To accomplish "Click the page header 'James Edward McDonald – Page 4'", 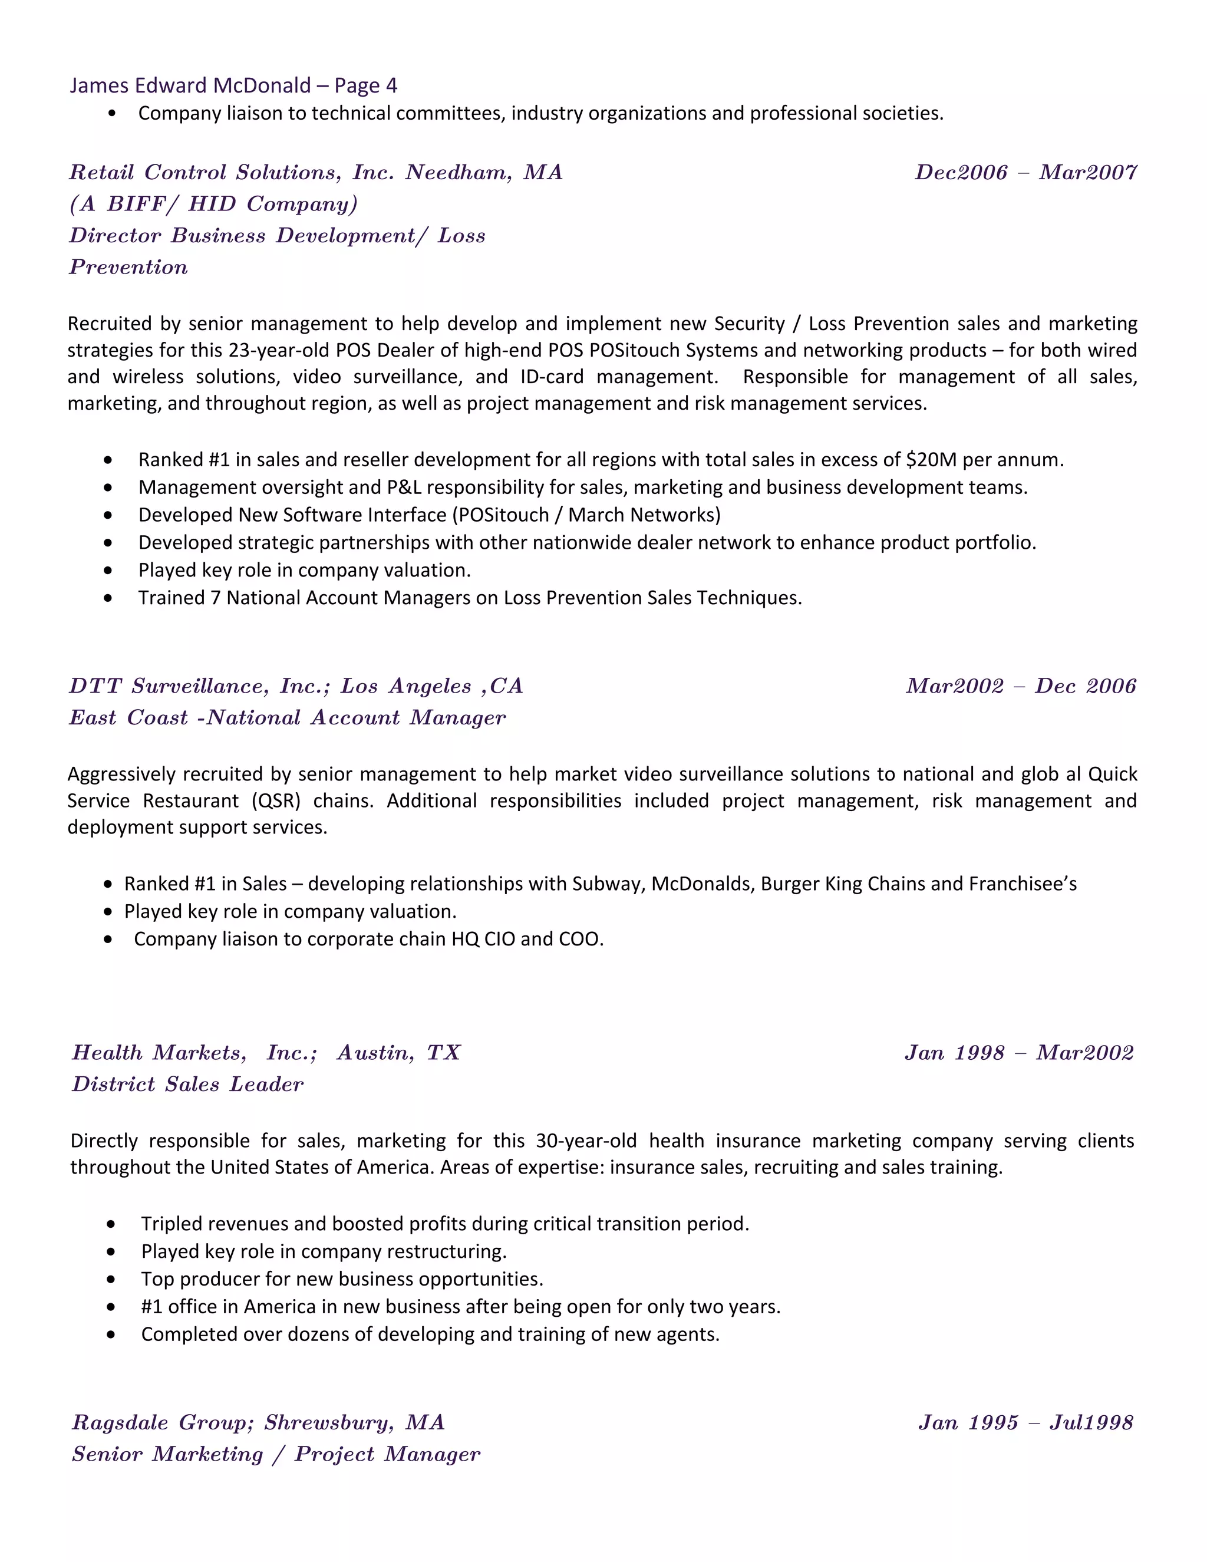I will click(233, 86).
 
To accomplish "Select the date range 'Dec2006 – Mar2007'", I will click(1025, 172).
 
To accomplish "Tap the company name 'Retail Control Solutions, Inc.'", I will click(232, 172).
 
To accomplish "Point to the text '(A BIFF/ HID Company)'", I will click(213, 204).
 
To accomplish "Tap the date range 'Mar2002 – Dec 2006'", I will click(1020, 686).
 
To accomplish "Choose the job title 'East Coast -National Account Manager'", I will click(287, 717).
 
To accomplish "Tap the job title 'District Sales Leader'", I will click(187, 1084).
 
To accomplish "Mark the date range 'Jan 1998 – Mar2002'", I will click(1019, 1053).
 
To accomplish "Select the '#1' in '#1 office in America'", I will click(151, 1307).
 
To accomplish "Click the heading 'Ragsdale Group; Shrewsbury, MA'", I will click(258, 1422).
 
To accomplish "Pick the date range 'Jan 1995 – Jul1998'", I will click(1025, 1422).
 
